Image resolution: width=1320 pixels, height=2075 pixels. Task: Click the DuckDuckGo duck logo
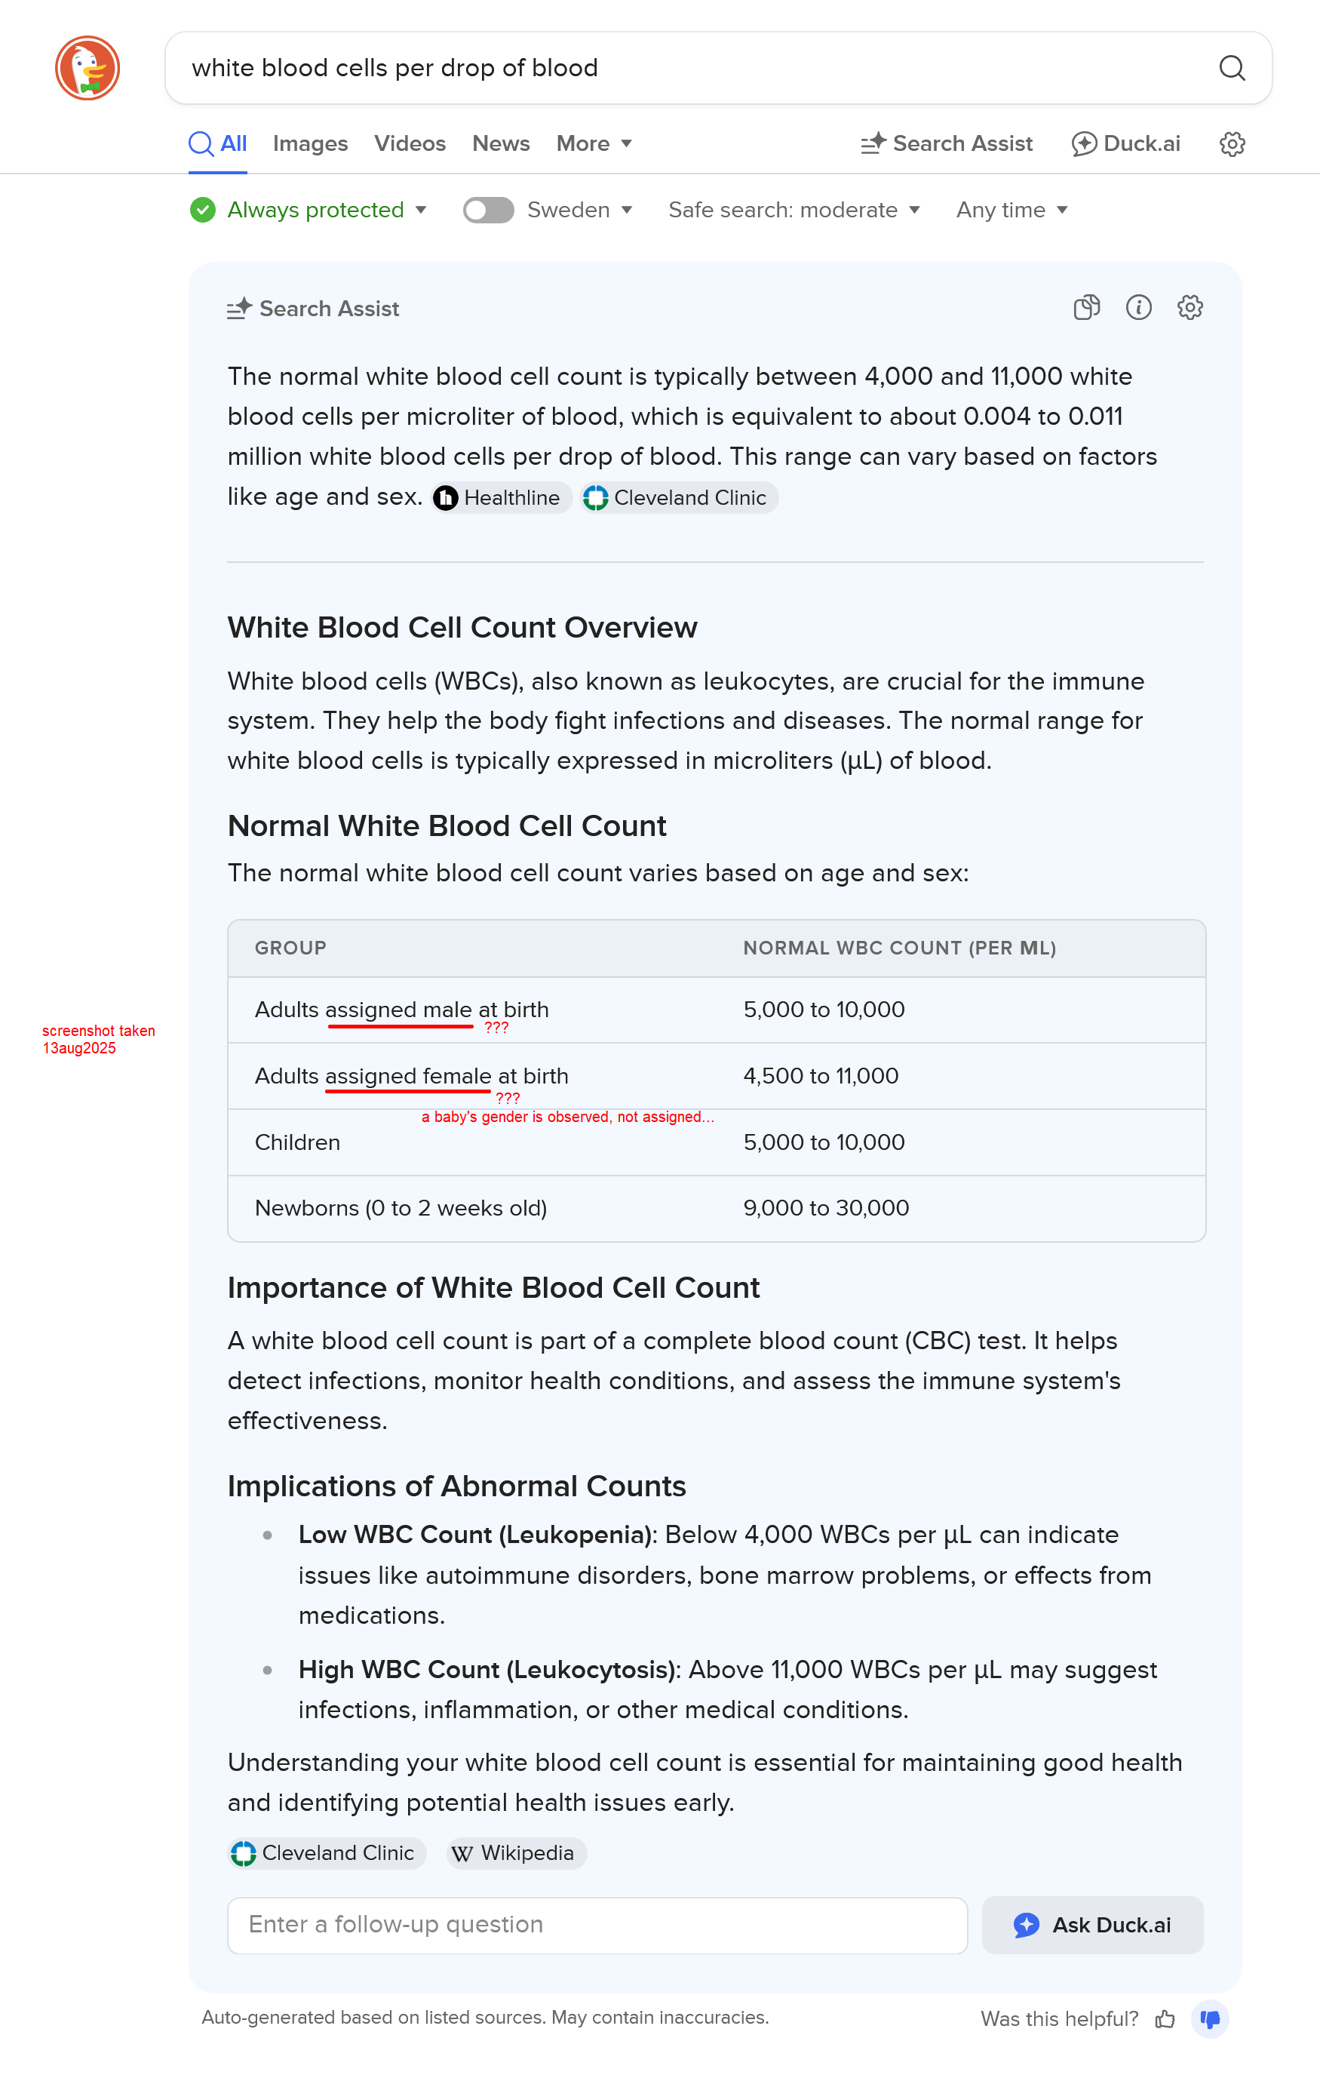coord(87,68)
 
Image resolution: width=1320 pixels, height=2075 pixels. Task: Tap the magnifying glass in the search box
coord(1231,68)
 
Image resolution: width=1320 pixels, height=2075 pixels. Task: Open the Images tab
coord(310,143)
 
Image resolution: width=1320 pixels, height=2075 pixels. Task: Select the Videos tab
coord(410,143)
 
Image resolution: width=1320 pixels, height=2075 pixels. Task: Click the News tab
coord(501,143)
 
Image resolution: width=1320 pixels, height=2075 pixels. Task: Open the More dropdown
coord(594,143)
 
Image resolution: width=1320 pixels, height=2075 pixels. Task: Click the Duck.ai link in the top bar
coord(1125,143)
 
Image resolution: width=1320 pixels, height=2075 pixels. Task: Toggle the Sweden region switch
coord(488,210)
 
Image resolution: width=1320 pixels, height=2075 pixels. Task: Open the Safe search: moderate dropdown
coord(794,210)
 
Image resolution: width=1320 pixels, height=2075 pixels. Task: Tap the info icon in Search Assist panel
coord(1137,308)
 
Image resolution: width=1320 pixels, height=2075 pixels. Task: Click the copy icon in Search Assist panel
coord(1085,308)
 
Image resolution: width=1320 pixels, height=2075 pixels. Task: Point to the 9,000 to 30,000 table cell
coord(825,1207)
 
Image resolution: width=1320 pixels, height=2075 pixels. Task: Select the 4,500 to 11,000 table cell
coord(820,1075)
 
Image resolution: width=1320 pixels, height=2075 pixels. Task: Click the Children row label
coord(297,1142)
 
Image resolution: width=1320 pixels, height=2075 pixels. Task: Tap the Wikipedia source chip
coord(515,1852)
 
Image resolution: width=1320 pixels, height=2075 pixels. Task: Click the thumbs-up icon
coord(1165,2018)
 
